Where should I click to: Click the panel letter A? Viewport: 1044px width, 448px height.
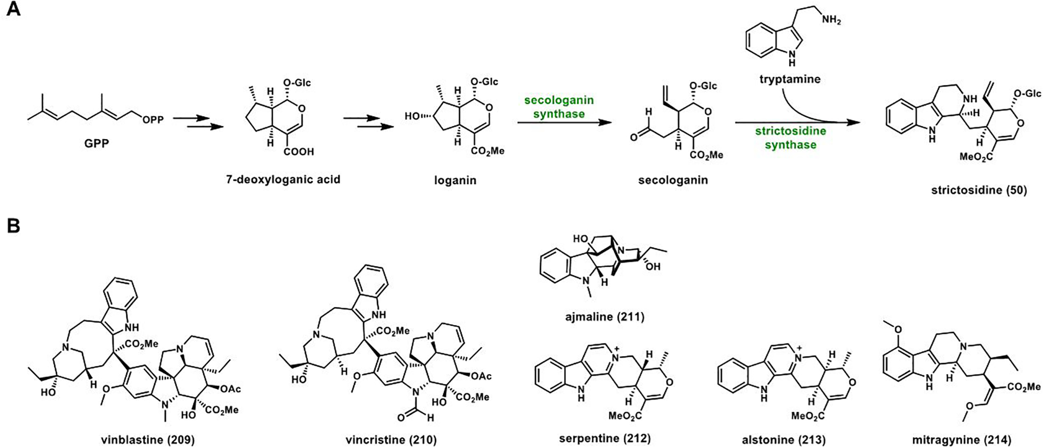tap(13, 9)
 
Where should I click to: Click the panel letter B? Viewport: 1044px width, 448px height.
tap(13, 225)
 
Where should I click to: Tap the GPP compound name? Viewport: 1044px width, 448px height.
tap(97, 143)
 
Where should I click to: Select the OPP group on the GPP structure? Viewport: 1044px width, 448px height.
tap(153, 119)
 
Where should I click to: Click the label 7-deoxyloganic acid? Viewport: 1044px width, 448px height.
tap(283, 179)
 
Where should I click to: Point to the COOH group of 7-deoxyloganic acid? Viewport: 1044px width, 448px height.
tap(298, 152)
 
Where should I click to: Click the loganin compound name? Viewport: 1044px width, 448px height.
tap(455, 180)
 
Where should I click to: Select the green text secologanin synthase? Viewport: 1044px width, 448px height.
tap(559, 107)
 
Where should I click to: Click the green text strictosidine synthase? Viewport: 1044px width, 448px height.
tap(790, 138)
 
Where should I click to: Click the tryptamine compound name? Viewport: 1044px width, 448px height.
tap(790, 79)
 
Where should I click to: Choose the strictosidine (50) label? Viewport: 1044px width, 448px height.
tap(978, 190)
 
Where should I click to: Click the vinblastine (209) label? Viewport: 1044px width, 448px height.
tap(147, 440)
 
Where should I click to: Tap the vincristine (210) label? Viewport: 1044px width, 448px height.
tap(391, 440)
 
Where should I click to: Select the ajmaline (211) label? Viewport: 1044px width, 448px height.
tap(604, 317)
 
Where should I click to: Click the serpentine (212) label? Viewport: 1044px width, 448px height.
tap(604, 439)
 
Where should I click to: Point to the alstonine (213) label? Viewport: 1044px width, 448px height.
tap(784, 440)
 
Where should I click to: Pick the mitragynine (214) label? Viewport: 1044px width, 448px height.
tap(962, 440)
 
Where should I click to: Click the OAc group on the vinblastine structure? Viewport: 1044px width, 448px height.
tap(230, 389)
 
